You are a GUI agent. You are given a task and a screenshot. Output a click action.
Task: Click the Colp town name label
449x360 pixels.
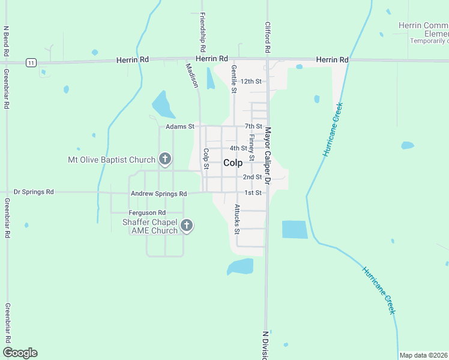(x=233, y=163)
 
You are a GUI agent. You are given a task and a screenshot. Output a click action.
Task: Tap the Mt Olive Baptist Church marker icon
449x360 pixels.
(x=165, y=160)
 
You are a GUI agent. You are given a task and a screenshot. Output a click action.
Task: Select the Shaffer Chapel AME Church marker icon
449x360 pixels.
(x=187, y=226)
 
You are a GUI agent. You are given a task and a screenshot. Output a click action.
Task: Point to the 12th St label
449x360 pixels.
(x=251, y=81)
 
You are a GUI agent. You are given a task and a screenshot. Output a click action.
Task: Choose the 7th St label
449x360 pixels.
(x=253, y=127)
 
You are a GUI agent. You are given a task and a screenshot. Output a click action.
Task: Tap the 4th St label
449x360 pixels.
(x=238, y=148)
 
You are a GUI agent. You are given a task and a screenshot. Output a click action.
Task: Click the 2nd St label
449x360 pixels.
(x=252, y=177)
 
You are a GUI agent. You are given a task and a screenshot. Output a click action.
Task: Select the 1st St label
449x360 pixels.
(x=253, y=193)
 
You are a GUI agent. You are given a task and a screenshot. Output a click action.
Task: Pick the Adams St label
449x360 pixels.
(x=180, y=127)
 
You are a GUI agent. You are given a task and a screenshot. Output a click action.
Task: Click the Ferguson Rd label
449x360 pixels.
(x=146, y=213)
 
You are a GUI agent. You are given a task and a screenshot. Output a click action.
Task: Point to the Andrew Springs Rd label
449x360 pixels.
(x=158, y=194)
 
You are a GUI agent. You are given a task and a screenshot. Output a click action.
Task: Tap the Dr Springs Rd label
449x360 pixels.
(x=34, y=192)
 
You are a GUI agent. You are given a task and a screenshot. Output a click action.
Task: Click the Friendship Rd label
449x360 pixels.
(x=203, y=31)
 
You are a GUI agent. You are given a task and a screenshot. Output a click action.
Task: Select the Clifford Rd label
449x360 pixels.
(x=268, y=37)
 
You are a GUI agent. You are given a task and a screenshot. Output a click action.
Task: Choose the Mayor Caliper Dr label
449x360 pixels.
(x=268, y=154)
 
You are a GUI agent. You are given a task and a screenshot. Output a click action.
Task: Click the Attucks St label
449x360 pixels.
(x=237, y=219)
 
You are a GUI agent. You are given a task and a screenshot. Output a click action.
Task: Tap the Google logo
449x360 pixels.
(x=20, y=353)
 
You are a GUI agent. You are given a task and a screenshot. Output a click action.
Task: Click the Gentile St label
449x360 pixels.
(x=234, y=79)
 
